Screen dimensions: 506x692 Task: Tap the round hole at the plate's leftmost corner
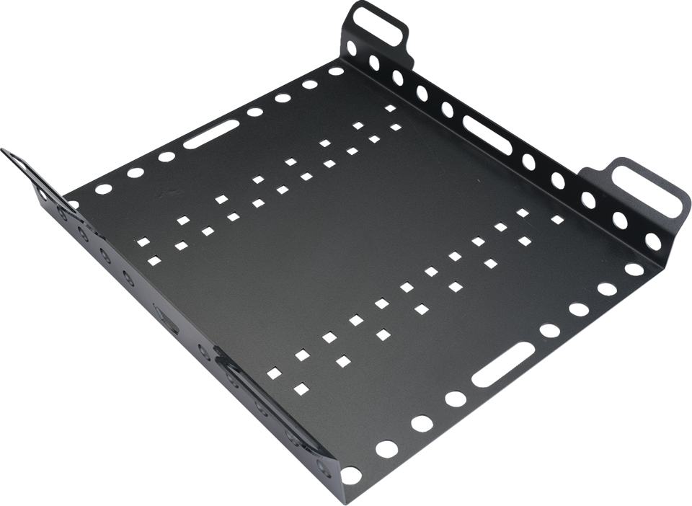pos(104,190)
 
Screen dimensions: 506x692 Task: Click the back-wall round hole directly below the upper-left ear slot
pos(374,61)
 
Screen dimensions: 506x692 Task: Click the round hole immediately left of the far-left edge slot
pos(167,156)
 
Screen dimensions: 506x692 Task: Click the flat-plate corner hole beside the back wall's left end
pos(336,71)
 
